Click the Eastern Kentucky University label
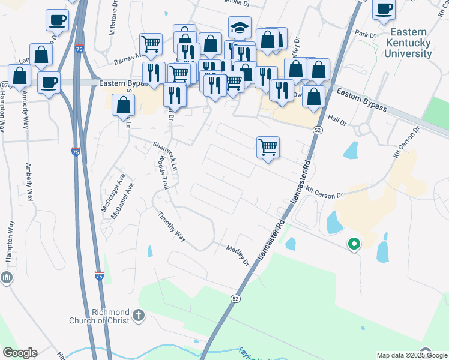coord(411,43)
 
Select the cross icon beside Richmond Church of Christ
coord(139,314)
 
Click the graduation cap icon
coord(240,28)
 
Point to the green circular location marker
coord(354,244)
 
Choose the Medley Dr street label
coord(237,254)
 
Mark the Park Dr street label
coord(364,32)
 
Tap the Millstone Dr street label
coord(112,19)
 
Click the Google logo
coord(20,353)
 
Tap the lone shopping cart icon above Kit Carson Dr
coord(268,147)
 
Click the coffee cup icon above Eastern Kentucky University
coord(384,8)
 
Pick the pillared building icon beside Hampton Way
coord(7,277)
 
